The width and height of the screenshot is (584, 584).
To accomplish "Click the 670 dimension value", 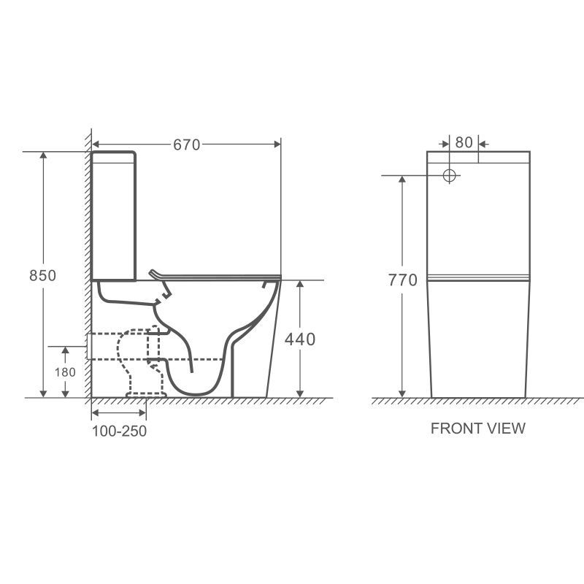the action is tap(187, 145).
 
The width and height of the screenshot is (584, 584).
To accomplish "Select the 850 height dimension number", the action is tap(43, 276).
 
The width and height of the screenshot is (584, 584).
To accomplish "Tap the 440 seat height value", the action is tap(300, 339).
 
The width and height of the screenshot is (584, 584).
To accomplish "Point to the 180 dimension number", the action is tap(65, 372).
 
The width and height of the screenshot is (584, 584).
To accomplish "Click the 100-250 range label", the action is tap(119, 431).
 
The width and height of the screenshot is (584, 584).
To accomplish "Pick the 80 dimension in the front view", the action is tap(464, 142).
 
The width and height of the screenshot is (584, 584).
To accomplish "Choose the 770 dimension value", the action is tap(403, 280).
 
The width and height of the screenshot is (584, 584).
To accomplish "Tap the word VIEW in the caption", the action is tap(505, 429).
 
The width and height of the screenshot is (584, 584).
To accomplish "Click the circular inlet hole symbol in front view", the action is tap(450, 175).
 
